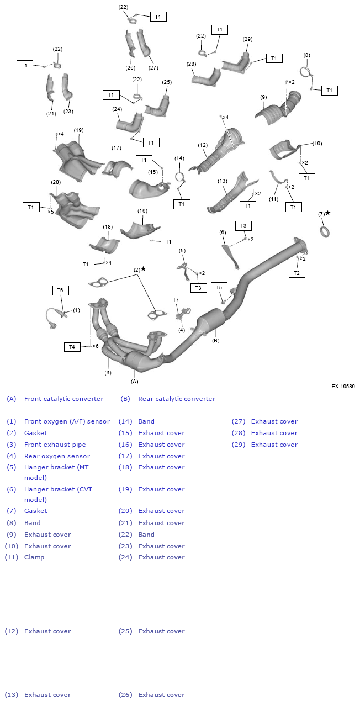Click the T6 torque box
click(60, 290)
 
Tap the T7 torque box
click(176, 300)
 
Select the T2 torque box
click(297, 273)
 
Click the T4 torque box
click(72, 347)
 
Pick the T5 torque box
click(219, 287)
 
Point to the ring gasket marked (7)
click(325, 232)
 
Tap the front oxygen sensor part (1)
click(55, 318)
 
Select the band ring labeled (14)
click(179, 178)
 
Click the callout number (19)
click(78, 130)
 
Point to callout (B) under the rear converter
click(216, 341)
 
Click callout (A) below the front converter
click(134, 381)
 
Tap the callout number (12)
click(203, 145)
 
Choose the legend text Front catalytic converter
click(63, 399)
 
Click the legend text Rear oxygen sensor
click(57, 456)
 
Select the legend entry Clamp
click(34, 557)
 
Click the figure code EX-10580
click(343, 387)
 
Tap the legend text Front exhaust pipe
click(55, 445)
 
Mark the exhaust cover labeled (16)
click(140, 231)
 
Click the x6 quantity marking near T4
click(96, 346)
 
